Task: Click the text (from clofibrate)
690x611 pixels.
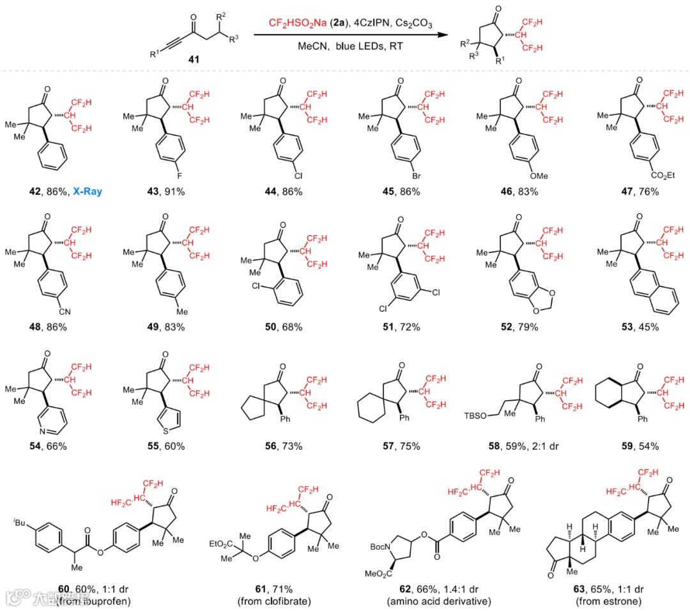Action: click(x=269, y=601)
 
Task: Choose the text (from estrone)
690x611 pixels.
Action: click(x=607, y=601)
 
